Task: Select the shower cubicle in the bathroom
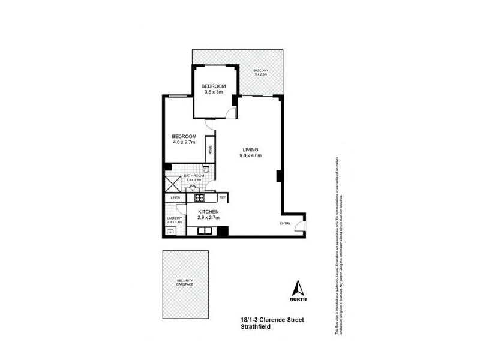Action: point(173,184)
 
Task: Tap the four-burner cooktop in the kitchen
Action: point(199,197)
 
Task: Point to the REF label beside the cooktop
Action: point(221,197)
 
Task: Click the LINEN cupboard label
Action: point(176,197)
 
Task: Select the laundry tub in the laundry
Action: point(170,230)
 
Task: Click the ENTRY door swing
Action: point(301,227)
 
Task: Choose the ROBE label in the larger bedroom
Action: point(211,151)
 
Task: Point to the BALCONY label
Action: point(260,71)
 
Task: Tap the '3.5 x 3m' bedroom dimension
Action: point(213,92)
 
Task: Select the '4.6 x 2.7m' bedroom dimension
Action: point(184,142)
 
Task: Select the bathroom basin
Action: point(193,188)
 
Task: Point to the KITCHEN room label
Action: point(208,212)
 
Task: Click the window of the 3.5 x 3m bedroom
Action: point(213,65)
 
